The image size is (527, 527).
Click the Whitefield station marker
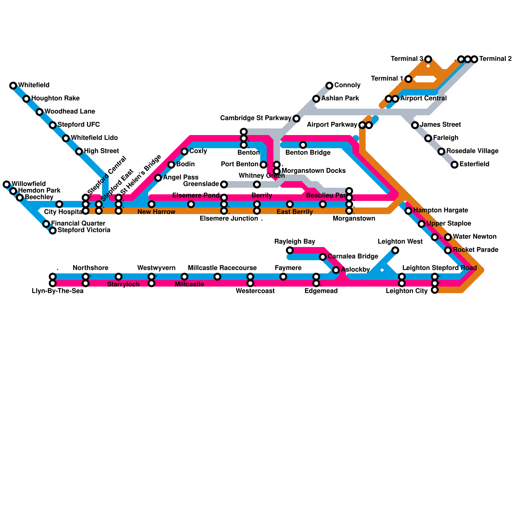coord(13,86)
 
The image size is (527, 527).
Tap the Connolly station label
coord(347,85)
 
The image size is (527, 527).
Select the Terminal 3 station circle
coord(428,59)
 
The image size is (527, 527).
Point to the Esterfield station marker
coord(455,165)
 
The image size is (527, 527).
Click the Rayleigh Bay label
coord(295,242)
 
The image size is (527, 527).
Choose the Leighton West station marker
coord(395,250)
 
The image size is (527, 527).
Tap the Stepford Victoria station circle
coord(53,231)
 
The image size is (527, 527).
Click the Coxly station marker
coord(184,152)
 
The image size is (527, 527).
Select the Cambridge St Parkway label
coord(256,118)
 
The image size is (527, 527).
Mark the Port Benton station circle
coord(263,165)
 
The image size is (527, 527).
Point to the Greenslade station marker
coord(224,184)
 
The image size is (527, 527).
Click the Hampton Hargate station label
coord(440,210)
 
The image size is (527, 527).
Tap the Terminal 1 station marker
coord(408,79)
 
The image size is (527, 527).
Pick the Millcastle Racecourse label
coord(222,268)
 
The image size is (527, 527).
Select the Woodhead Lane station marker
coord(40,112)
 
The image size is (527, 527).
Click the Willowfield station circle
coord(7,184)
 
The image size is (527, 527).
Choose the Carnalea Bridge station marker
coord(323,257)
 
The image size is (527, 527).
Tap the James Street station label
coord(440,125)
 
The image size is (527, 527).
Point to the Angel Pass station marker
coord(158,178)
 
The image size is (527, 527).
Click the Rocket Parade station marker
coord(448,250)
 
